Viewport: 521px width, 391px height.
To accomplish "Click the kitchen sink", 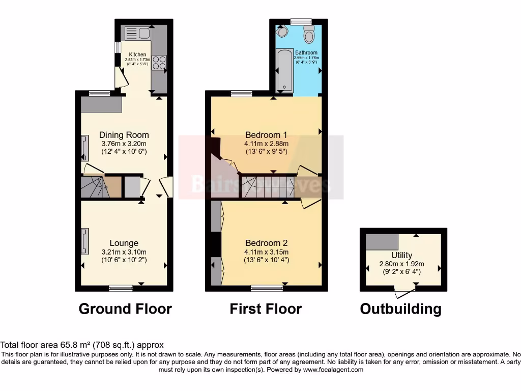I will tap(136, 34).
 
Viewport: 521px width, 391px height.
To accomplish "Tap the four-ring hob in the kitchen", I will tap(159, 62).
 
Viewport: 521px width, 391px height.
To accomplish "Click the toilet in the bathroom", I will tap(308, 35).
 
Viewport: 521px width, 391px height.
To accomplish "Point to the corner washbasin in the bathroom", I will tap(283, 32).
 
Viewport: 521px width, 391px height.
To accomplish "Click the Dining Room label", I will tap(124, 135).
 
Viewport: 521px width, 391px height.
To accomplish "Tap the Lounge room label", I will tap(124, 243).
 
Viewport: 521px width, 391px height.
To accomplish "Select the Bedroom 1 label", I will tap(266, 135).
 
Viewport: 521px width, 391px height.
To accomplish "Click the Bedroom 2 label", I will tap(266, 243).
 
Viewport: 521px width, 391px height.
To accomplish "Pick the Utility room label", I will tap(402, 255).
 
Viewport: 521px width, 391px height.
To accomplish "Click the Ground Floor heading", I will tap(125, 309).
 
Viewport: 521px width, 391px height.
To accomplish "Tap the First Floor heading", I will tap(266, 309).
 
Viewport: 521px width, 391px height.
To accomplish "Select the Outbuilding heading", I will tap(400, 309).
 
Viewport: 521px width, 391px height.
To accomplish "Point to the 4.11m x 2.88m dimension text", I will tap(266, 144).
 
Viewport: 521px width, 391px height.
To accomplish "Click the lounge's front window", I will tap(121, 288).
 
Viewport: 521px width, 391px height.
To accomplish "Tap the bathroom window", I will tap(301, 21).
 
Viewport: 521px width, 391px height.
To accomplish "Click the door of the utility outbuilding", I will tap(405, 293).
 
